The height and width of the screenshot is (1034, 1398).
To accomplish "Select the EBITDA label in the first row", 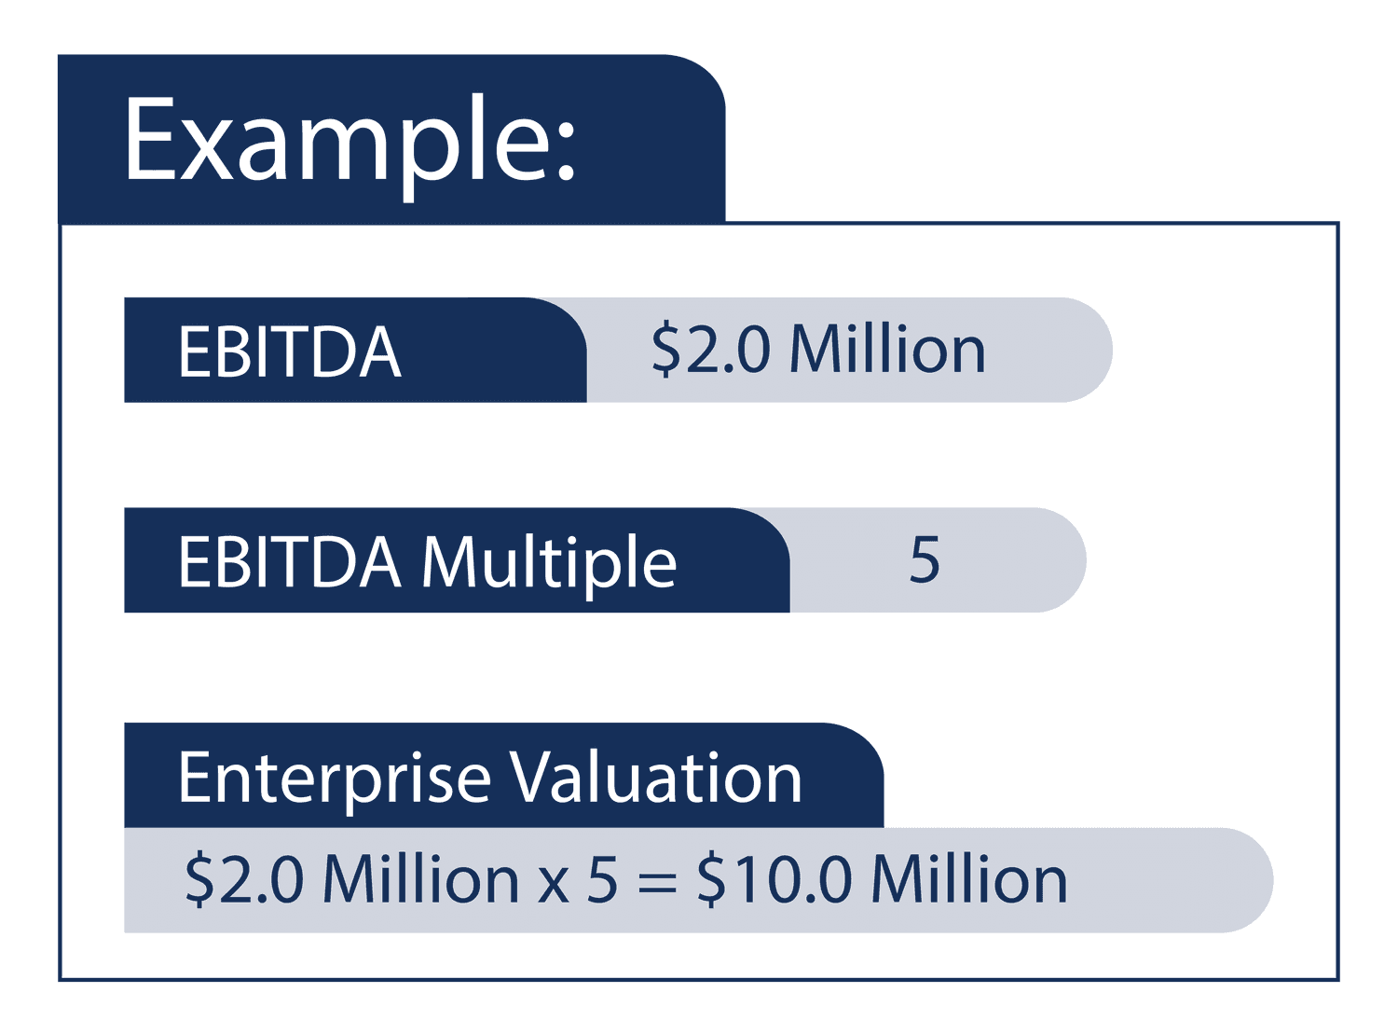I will [x=289, y=352].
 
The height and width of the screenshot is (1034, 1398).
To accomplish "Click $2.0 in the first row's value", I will [x=711, y=351].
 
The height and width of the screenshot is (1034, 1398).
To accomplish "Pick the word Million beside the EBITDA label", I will [x=887, y=350].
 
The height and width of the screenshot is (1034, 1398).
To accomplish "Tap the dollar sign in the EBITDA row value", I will [x=665, y=351].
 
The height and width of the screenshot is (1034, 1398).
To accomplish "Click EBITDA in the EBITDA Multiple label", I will [x=289, y=562].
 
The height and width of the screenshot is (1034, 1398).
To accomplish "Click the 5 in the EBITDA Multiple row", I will [x=924, y=560].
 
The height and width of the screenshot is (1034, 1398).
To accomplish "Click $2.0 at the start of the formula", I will [x=244, y=879].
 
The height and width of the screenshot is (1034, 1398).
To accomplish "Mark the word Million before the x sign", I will [x=420, y=879].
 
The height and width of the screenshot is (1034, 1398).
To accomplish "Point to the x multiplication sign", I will [x=553, y=884].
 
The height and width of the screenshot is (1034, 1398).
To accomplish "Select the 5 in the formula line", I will [x=603, y=879].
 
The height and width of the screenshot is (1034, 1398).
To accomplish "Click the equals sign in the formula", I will [x=657, y=882].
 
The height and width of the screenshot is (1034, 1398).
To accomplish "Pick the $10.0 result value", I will [x=774, y=879].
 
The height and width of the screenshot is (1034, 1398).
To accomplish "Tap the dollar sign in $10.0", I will [x=711, y=879].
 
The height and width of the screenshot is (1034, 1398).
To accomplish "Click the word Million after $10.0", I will [x=969, y=879].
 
